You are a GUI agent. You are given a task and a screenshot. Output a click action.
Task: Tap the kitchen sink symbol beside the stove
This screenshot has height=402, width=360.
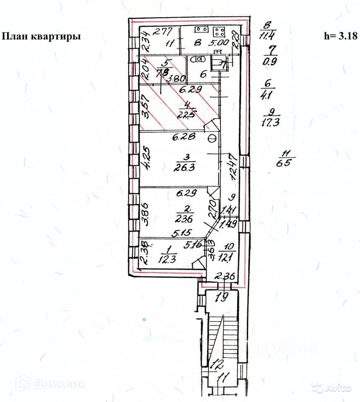point(199,30)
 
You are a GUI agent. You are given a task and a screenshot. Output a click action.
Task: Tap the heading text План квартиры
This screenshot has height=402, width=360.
point(42,36)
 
